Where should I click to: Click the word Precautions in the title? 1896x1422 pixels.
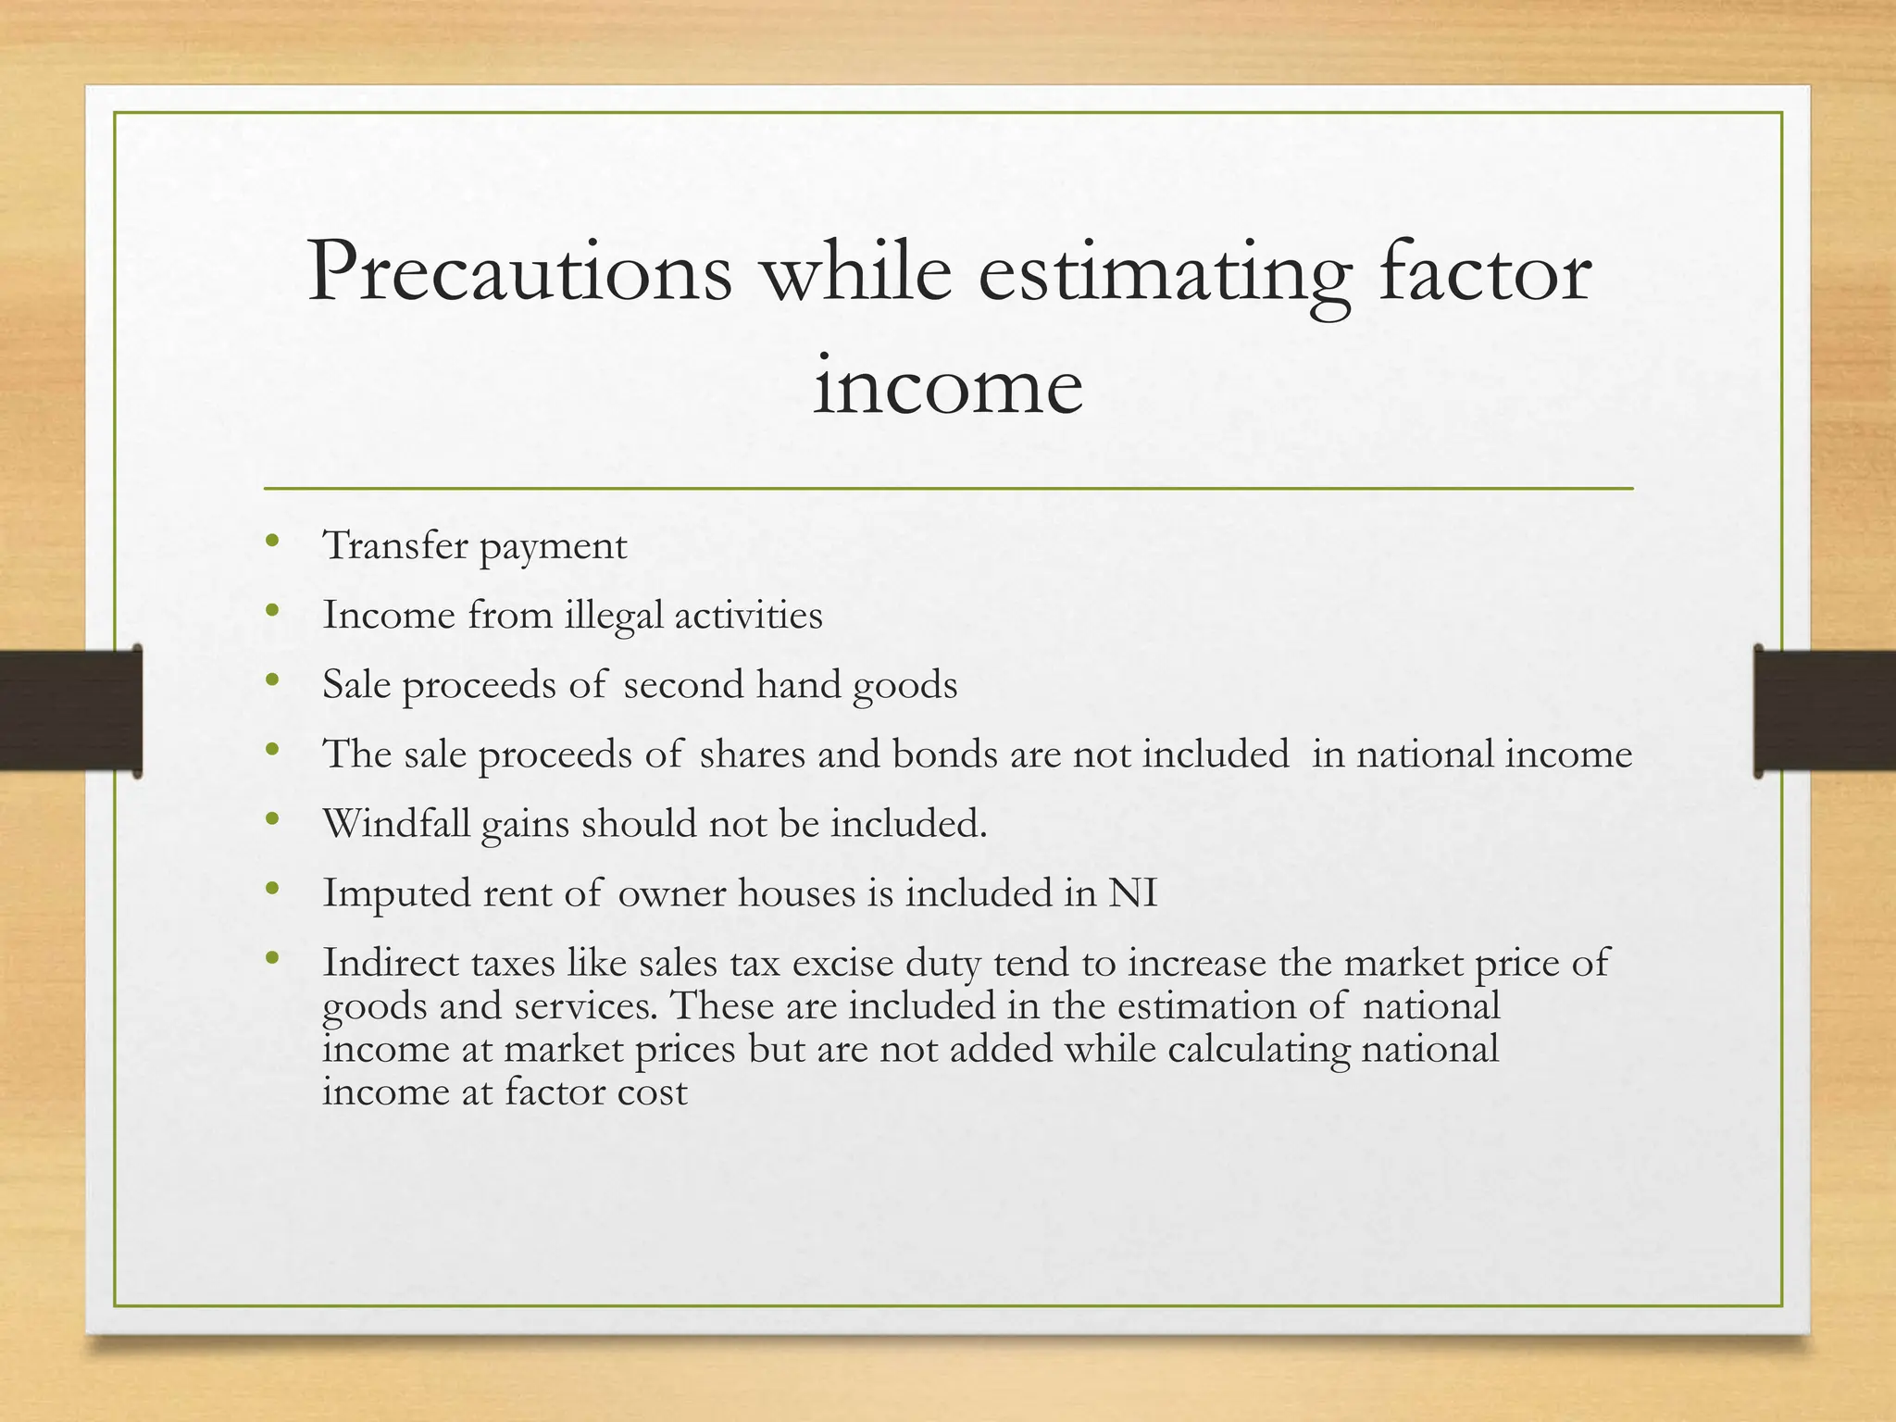tap(519, 273)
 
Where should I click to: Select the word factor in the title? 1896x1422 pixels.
tap(1484, 273)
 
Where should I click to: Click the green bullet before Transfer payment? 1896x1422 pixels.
tap(271, 542)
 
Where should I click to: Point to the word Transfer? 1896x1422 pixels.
tap(395, 545)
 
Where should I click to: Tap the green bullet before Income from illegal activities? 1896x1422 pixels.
tap(271, 611)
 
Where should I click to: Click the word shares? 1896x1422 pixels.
tap(752, 755)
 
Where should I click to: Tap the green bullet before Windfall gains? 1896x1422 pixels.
tap(271, 819)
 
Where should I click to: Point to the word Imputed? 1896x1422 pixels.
tap(396, 894)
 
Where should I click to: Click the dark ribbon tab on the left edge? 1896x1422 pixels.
tap(70, 711)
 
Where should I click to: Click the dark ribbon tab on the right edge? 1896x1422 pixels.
tap(1825, 711)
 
